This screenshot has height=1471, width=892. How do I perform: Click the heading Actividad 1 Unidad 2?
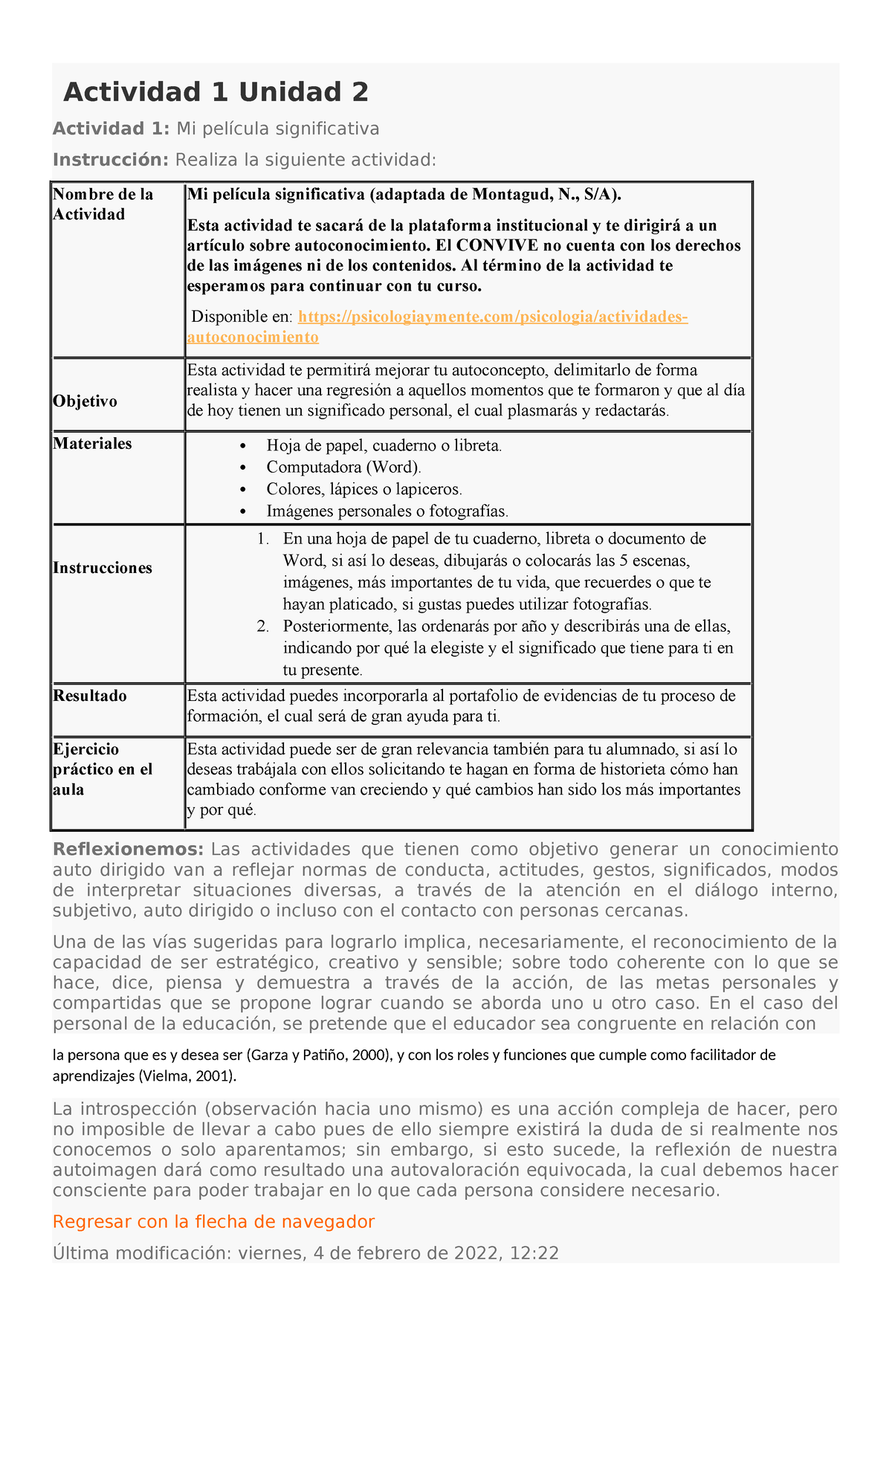[x=216, y=92]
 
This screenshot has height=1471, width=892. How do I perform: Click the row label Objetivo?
[x=85, y=401]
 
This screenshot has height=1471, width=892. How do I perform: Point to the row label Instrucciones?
[x=103, y=568]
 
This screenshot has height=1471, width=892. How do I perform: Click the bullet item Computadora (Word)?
[x=343, y=467]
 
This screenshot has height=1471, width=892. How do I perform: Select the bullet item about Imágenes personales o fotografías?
[x=387, y=511]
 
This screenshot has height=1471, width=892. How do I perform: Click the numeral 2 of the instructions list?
[x=262, y=626]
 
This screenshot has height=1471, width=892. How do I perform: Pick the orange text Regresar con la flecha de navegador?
[x=214, y=1222]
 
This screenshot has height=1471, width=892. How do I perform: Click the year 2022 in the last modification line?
[x=472, y=1253]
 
